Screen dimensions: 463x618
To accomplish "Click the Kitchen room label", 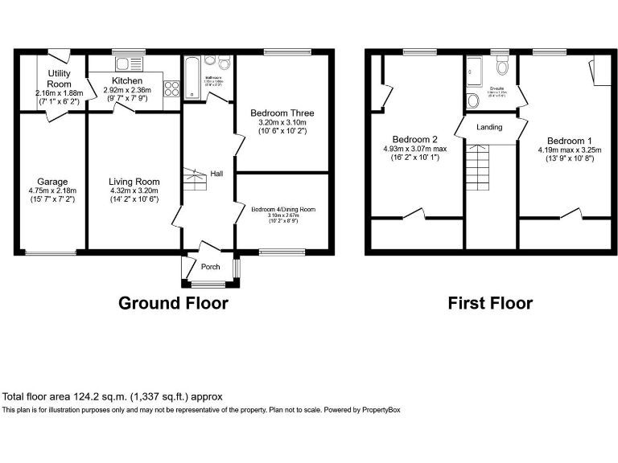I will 127,81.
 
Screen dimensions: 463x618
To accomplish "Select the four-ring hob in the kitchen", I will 171,89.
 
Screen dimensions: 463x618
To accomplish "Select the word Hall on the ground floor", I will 217,174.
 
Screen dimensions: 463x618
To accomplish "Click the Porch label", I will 211,267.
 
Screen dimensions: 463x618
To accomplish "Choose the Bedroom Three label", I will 282,113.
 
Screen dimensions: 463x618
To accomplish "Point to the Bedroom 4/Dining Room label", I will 283,209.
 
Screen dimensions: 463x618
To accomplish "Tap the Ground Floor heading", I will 173,303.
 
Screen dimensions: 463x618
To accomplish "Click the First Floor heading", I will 490,303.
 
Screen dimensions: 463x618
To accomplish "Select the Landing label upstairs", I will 489,127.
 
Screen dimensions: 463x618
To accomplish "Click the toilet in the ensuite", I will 503,66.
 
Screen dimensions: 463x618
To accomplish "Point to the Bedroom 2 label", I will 414,138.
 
